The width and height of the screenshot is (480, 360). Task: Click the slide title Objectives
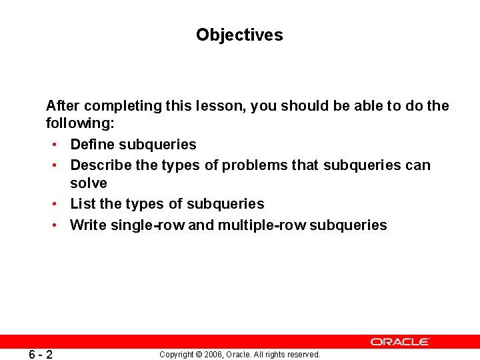(x=239, y=35)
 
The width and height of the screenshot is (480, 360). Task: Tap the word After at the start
(x=63, y=105)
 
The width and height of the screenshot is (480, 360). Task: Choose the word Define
(x=92, y=144)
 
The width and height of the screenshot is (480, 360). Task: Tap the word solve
(x=89, y=183)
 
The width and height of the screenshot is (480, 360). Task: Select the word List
(x=83, y=203)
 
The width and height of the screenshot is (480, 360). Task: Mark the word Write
(x=88, y=225)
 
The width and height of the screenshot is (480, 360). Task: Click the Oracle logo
(x=400, y=341)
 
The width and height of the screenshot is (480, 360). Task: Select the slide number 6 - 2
(x=41, y=354)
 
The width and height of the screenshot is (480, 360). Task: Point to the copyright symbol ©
(x=198, y=355)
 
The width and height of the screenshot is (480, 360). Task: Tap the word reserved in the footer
(x=305, y=355)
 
